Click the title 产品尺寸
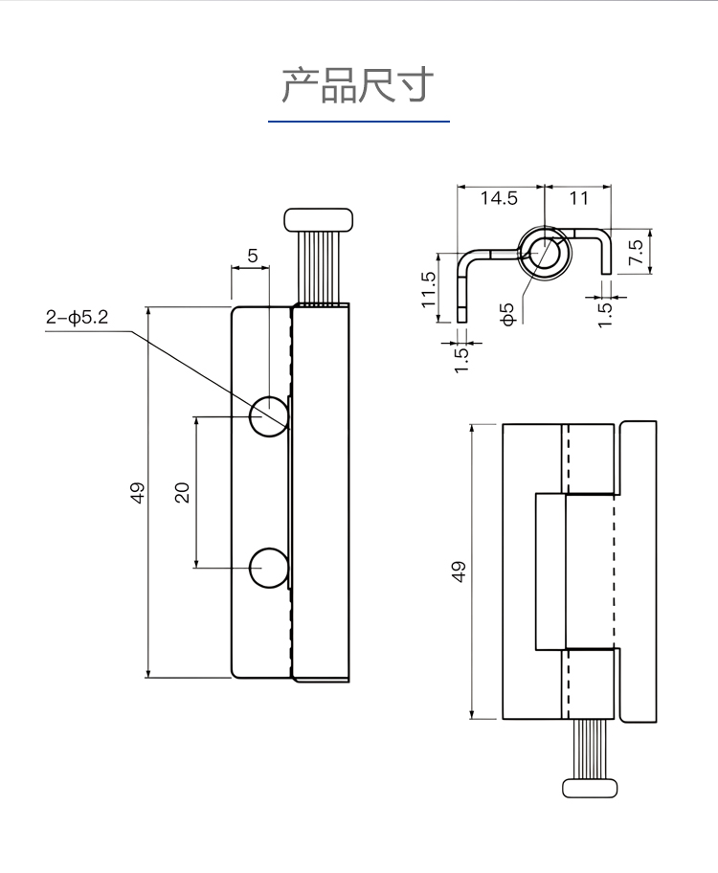[x=358, y=86]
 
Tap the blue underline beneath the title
[x=358, y=122]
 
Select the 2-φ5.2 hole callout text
[x=77, y=318]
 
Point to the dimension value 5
[x=252, y=256]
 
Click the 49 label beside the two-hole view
[x=138, y=492]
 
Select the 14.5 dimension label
[x=499, y=198]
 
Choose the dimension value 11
[x=578, y=198]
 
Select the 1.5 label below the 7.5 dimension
[x=605, y=312]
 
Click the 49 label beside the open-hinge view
[x=458, y=571]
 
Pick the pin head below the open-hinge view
[x=591, y=787]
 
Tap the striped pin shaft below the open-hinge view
[x=591, y=749]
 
